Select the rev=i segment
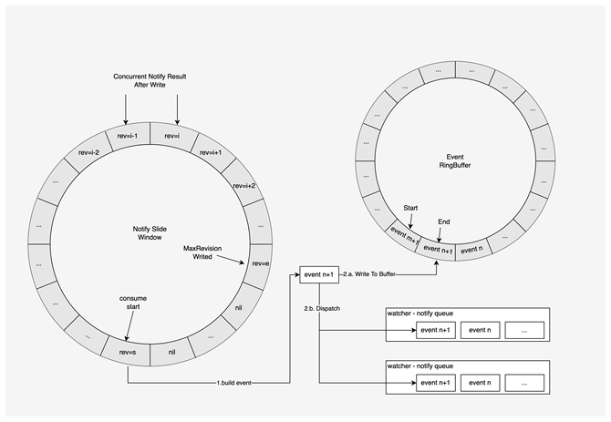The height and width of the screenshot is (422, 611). [172, 137]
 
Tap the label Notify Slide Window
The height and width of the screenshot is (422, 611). [148, 233]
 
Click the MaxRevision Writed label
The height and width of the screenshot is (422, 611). [212, 252]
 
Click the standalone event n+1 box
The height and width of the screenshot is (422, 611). [319, 273]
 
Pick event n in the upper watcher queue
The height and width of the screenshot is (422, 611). [483, 330]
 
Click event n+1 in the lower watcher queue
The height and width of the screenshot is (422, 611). [436, 383]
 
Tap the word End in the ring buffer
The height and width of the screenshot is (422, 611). [443, 221]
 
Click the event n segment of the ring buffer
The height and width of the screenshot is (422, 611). [472, 248]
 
